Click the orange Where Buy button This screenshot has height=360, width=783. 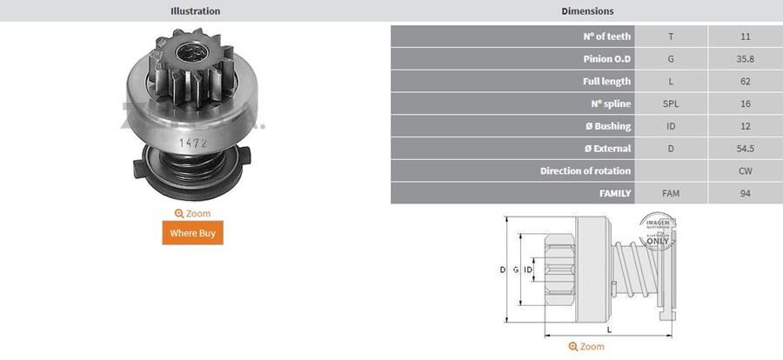pos(192,233)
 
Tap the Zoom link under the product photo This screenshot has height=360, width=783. pos(192,213)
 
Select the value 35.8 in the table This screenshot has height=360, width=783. pos(744,59)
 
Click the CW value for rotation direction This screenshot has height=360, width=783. pos(744,170)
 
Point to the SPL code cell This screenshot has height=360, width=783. pos(671,103)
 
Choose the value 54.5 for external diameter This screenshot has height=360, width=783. pos(744,149)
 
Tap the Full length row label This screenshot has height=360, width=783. pos(606,82)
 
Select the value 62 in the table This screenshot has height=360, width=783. pos(744,82)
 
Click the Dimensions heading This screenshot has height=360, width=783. pos(587,11)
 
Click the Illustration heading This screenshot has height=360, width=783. pos(195,11)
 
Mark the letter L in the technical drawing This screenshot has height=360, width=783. pos(608,330)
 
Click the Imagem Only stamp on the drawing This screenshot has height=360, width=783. pos(658,231)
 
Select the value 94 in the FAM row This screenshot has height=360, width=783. pos(744,193)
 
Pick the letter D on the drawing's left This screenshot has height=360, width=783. pos(502,270)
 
